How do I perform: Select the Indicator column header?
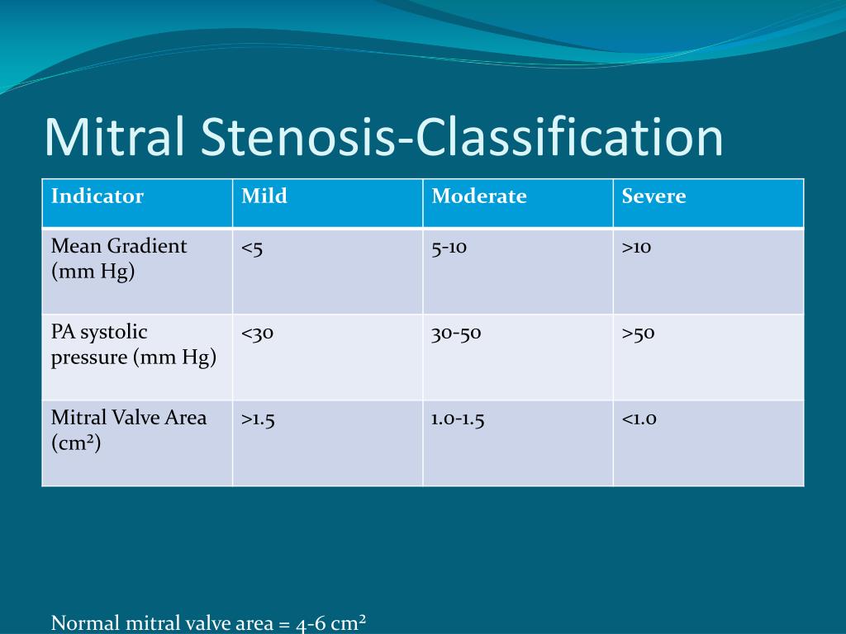pyautogui.click(x=97, y=196)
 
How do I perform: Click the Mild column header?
pyautogui.click(x=264, y=196)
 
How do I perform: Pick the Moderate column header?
pyautogui.click(x=479, y=196)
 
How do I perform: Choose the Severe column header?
pyautogui.click(x=654, y=196)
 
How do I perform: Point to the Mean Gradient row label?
pyautogui.click(x=119, y=258)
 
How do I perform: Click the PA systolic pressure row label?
pyautogui.click(x=134, y=344)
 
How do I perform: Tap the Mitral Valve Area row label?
pyautogui.click(x=128, y=430)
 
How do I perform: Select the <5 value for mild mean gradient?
pyautogui.click(x=252, y=248)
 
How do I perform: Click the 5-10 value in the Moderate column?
pyautogui.click(x=449, y=248)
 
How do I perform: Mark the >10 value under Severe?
pyautogui.click(x=637, y=248)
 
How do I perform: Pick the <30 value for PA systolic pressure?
pyautogui.click(x=258, y=334)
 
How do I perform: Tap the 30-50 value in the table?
pyautogui.click(x=456, y=334)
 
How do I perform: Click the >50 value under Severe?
pyautogui.click(x=639, y=334)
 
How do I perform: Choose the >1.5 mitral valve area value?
pyautogui.click(x=258, y=419)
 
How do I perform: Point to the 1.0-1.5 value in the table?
pyautogui.click(x=458, y=419)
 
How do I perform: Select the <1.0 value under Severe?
pyautogui.click(x=639, y=419)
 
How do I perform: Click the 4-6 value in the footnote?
pyautogui.click(x=311, y=624)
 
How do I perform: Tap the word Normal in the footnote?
pyautogui.click(x=85, y=623)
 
